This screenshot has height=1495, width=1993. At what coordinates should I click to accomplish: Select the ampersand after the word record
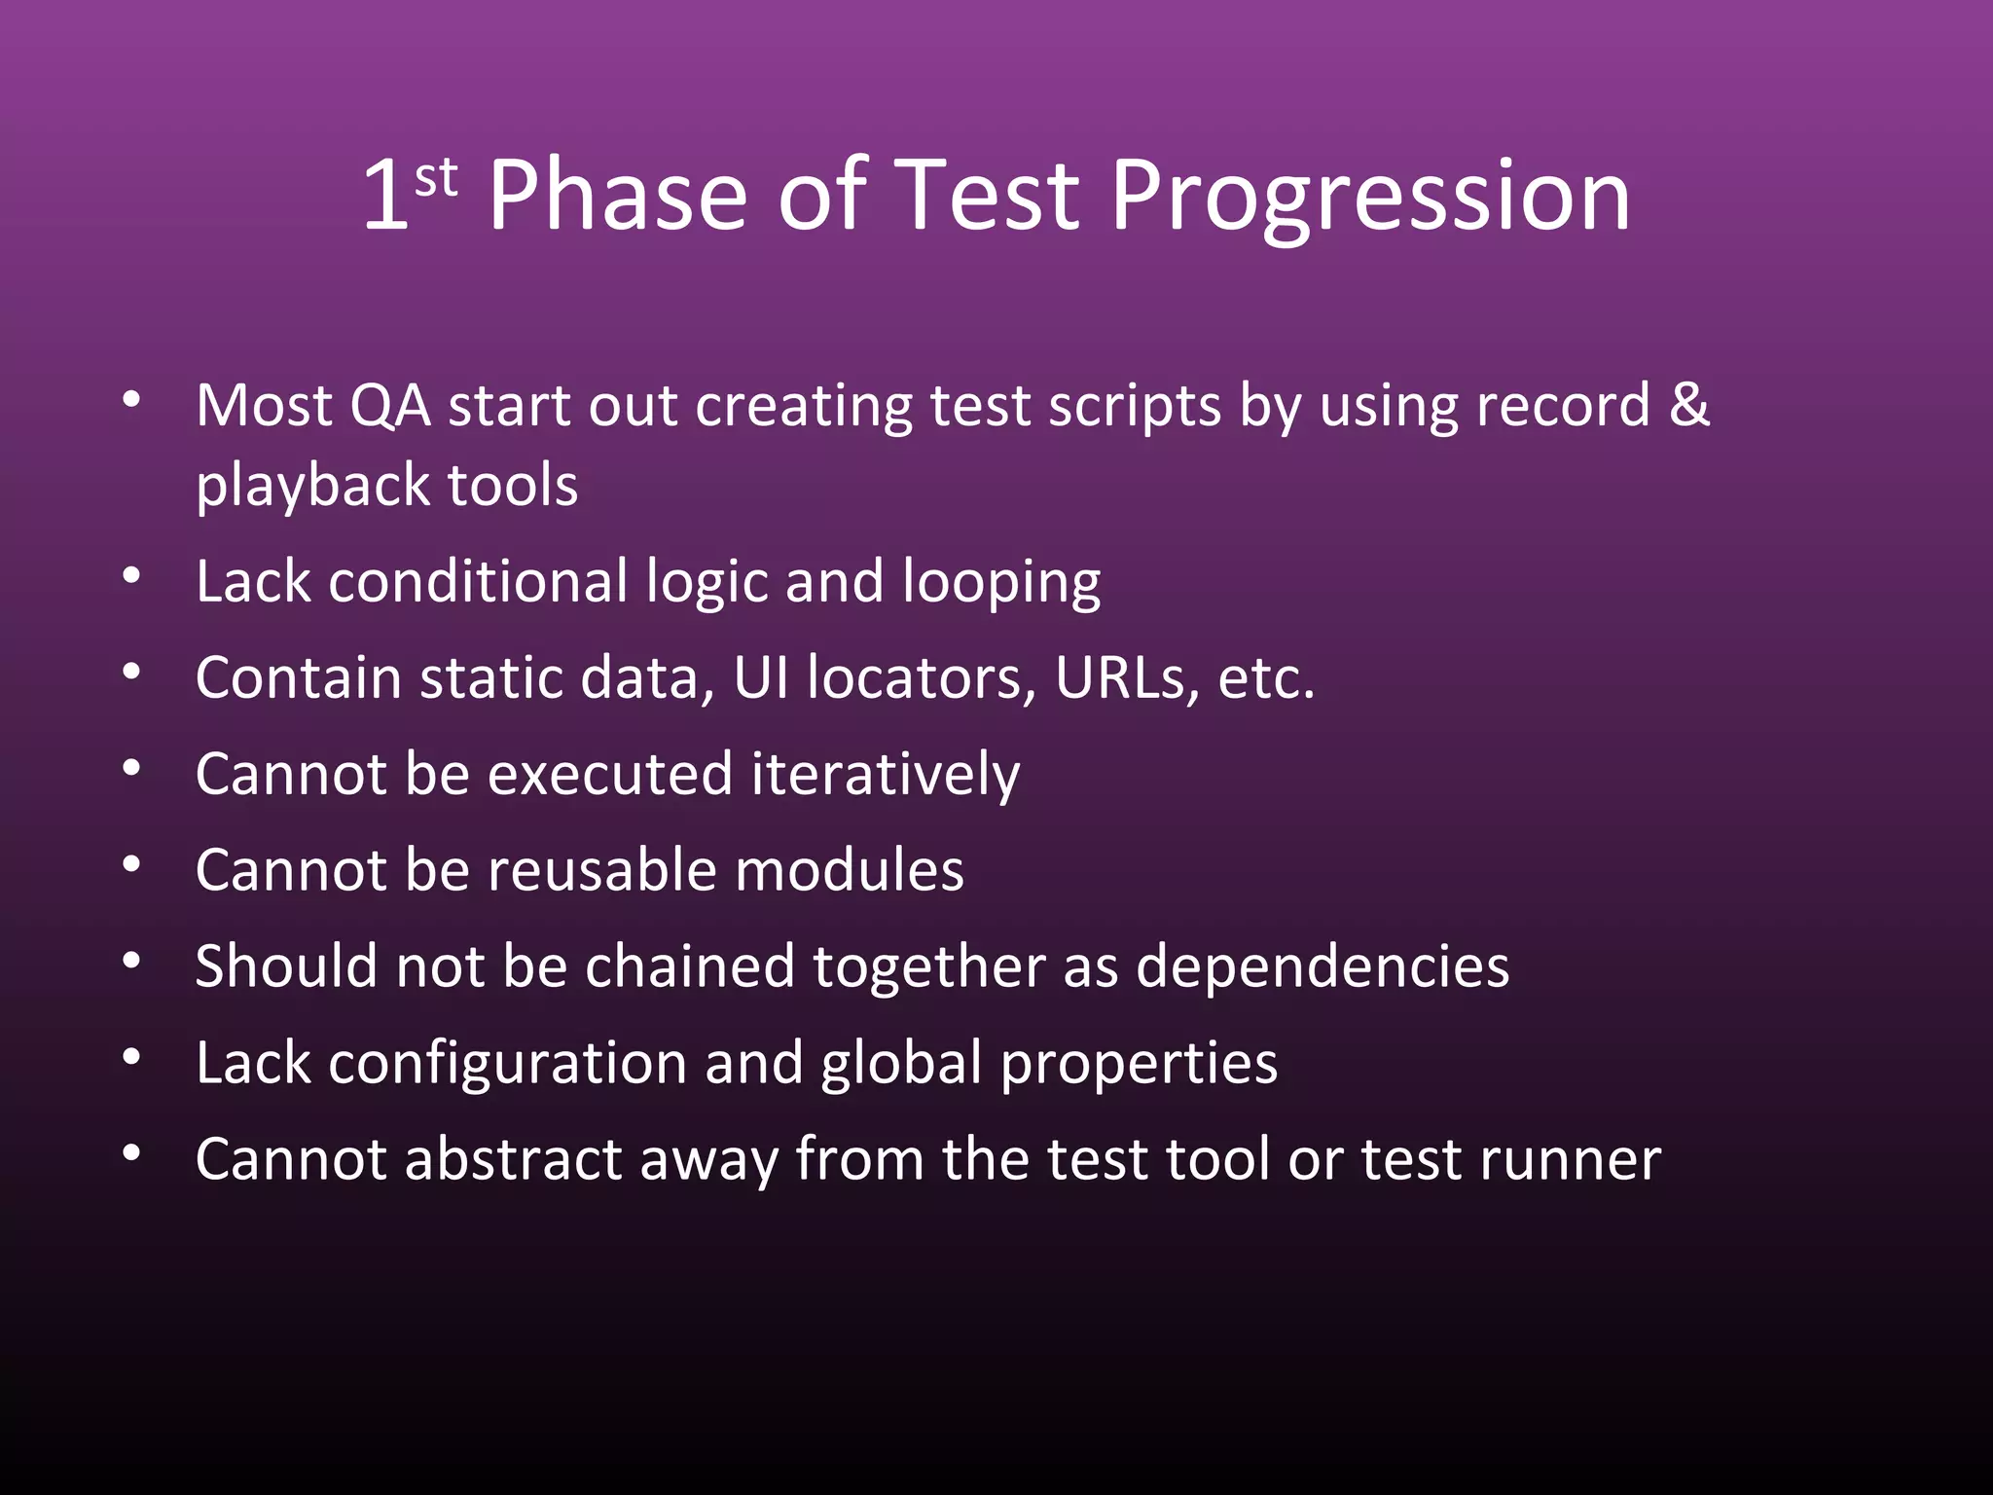(x=1689, y=405)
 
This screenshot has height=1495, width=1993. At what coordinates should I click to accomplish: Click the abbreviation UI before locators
(x=761, y=678)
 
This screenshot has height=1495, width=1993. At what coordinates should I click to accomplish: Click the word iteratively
(x=885, y=776)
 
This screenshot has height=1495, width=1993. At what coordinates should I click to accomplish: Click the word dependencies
(x=1323, y=967)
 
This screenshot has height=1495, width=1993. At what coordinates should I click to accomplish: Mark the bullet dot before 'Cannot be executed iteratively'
(x=132, y=769)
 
